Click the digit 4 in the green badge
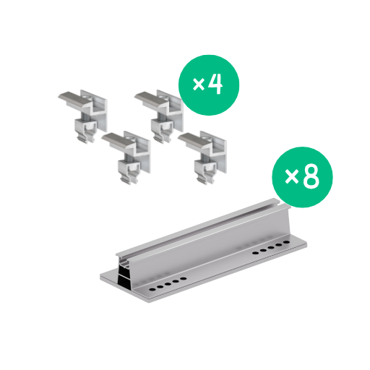(x=215, y=85)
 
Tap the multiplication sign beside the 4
(x=199, y=85)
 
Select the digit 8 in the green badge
(x=311, y=176)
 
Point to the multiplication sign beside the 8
(x=292, y=176)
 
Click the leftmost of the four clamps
(x=83, y=116)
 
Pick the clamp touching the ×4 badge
(x=159, y=116)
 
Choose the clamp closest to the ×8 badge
(x=202, y=157)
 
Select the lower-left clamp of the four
(x=126, y=157)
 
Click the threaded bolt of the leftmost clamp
(x=85, y=116)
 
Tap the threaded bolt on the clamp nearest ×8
(x=205, y=157)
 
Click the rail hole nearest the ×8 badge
(x=286, y=242)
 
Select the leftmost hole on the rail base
(x=152, y=289)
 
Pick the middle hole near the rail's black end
(x=168, y=284)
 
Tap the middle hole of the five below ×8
(x=271, y=248)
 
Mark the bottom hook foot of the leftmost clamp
(x=85, y=139)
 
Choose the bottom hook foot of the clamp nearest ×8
(x=205, y=181)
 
